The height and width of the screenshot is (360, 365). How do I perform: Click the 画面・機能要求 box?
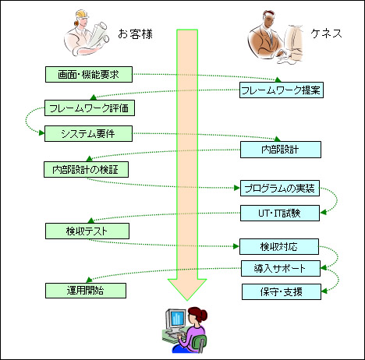(x=89, y=75)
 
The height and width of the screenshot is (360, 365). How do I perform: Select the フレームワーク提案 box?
(x=282, y=90)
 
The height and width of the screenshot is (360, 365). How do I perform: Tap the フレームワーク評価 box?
(x=90, y=108)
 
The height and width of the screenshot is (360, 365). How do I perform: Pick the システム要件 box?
(x=88, y=133)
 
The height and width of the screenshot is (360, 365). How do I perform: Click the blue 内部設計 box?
(x=281, y=150)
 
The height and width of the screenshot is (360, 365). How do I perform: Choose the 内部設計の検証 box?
(x=86, y=170)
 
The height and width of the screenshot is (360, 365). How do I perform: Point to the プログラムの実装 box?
(x=280, y=188)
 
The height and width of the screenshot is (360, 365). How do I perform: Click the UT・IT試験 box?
(x=280, y=214)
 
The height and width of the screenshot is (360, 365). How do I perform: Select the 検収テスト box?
(x=87, y=231)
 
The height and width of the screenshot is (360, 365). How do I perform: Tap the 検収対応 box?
(x=279, y=246)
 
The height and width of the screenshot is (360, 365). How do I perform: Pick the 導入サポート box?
(x=281, y=268)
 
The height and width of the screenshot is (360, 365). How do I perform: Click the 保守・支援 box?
(x=282, y=291)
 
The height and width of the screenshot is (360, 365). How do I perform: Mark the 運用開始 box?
(x=86, y=291)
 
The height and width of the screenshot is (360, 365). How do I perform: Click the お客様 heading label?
(x=135, y=34)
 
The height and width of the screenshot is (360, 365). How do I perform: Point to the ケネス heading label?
(x=326, y=34)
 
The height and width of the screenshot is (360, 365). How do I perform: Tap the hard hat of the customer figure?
(x=81, y=15)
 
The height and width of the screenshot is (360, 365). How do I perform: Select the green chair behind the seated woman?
(x=200, y=343)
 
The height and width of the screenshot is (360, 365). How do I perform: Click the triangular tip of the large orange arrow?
(x=187, y=300)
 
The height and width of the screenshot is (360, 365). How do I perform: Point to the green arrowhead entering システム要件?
(x=41, y=133)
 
